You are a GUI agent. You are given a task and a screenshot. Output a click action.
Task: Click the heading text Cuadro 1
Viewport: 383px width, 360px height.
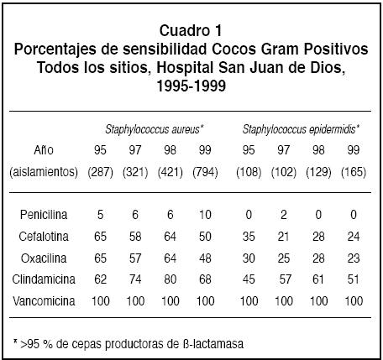(x=191, y=30)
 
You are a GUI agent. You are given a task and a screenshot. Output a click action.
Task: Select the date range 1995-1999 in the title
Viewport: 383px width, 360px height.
(x=191, y=86)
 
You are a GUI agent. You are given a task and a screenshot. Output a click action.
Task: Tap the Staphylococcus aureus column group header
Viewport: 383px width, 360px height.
(x=155, y=129)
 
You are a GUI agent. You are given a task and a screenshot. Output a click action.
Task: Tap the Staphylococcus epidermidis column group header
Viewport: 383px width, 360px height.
(x=301, y=129)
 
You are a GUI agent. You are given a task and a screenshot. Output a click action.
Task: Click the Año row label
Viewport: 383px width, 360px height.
(x=44, y=150)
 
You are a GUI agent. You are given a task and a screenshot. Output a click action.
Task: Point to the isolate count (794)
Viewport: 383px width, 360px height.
(x=205, y=172)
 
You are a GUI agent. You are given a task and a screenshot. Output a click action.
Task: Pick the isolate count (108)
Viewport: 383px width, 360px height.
(x=249, y=172)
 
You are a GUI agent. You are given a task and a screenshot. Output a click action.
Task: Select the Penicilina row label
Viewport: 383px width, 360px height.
(x=44, y=215)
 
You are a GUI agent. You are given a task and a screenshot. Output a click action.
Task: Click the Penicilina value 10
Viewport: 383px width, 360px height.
(x=205, y=215)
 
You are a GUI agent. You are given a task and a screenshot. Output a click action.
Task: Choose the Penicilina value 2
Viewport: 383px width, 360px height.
(x=284, y=215)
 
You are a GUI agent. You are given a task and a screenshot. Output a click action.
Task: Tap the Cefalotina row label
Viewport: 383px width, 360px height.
(x=44, y=237)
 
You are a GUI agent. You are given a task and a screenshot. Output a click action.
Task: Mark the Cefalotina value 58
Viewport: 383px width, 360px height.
(x=135, y=237)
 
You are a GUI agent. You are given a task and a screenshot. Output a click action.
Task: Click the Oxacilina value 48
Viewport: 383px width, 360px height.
(x=205, y=258)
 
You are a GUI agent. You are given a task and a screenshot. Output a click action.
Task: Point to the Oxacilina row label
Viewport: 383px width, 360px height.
(x=44, y=258)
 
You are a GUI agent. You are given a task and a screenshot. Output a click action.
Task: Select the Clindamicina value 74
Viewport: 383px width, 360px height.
(x=135, y=279)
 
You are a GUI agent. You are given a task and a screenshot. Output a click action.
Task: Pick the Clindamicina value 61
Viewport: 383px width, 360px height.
(x=318, y=279)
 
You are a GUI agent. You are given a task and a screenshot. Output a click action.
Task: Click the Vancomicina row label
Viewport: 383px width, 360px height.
(x=44, y=301)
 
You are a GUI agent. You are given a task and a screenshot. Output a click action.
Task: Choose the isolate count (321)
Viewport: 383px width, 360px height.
(x=135, y=172)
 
